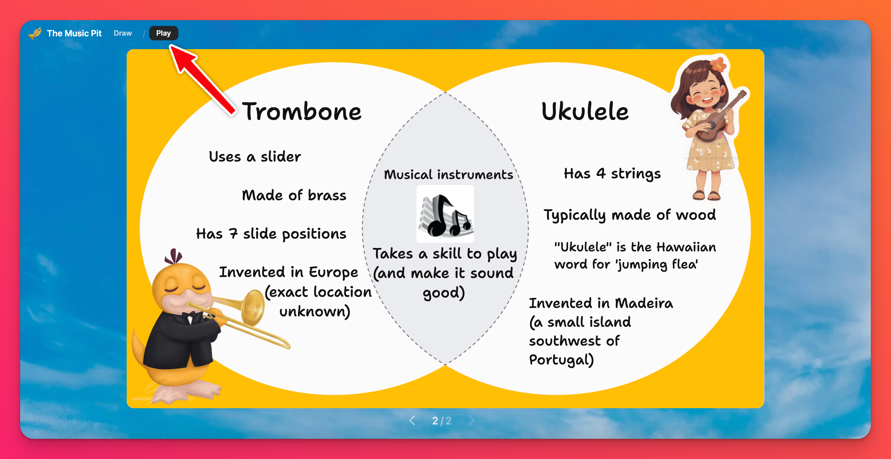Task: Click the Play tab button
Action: coord(164,33)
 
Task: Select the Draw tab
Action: coord(123,33)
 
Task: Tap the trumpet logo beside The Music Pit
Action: coord(35,34)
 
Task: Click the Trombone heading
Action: coord(302,111)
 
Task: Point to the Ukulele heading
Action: coord(585,111)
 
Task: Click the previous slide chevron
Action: coord(412,420)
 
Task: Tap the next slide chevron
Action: coord(472,420)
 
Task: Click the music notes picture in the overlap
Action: coord(445,214)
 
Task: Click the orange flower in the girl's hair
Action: coord(718,64)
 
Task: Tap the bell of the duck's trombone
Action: coord(254,307)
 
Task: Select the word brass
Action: coord(327,196)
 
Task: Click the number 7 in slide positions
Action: coord(233,234)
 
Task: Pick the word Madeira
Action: coord(644,303)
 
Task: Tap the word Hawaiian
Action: coord(686,247)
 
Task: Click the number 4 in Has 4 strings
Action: coord(601,173)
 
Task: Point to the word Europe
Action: coord(333,272)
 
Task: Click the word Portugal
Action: coord(561,360)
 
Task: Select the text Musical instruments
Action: coord(449,175)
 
